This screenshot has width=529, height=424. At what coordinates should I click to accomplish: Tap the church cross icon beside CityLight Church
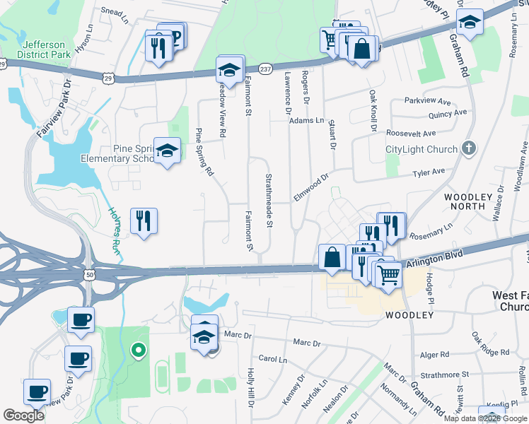(466, 148)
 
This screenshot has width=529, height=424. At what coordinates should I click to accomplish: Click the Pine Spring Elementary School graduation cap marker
(167, 151)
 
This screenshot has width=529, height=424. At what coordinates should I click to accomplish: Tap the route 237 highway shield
(264, 69)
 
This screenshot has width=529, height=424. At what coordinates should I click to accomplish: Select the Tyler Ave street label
(429, 172)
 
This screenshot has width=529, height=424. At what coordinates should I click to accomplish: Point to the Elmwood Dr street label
(311, 188)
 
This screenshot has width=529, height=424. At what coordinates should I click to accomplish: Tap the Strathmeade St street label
(269, 201)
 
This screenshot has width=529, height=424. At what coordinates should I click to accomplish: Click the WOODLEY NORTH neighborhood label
(464, 201)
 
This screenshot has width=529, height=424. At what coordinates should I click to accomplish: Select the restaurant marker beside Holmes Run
(144, 220)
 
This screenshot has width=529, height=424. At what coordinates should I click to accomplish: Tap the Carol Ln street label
(272, 359)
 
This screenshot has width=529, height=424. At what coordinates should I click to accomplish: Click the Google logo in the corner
(23, 416)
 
